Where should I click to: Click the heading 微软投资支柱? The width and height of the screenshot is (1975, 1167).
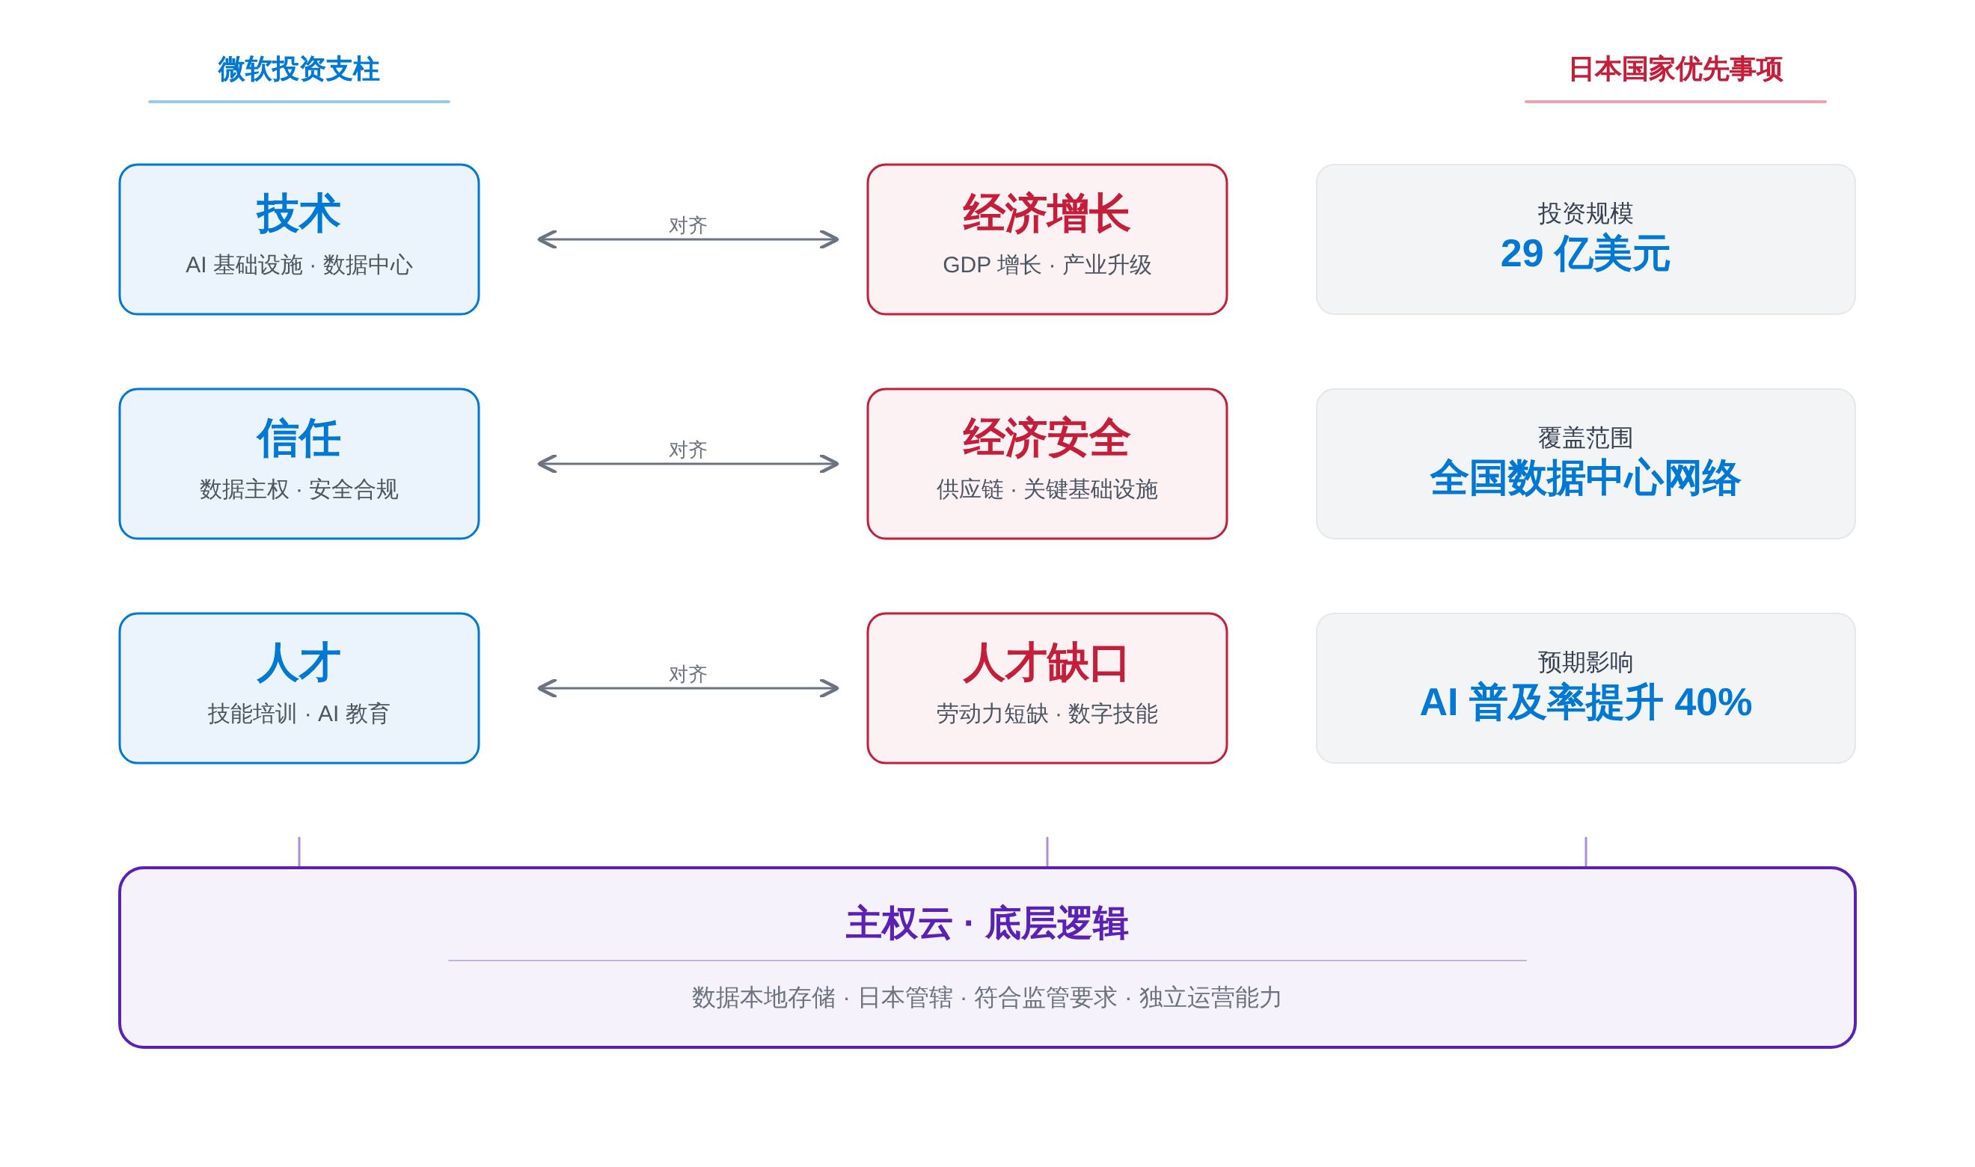(298, 70)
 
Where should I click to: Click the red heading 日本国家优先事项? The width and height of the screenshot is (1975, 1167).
(1675, 70)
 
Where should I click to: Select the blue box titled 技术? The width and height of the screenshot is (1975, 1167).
(298, 239)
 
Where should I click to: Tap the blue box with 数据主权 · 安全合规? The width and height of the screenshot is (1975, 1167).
(298, 464)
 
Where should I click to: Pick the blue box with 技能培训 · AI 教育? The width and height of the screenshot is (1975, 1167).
(298, 688)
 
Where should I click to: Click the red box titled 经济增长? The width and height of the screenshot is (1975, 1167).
(1047, 239)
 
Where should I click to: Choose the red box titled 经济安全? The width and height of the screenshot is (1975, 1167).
(1047, 464)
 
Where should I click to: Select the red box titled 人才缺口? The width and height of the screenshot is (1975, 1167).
(1047, 688)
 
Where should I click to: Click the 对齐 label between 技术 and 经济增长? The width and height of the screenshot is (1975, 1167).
(688, 225)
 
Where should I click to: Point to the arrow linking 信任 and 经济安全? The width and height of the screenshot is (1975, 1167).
(688, 464)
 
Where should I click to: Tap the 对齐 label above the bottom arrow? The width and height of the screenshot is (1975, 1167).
(688, 674)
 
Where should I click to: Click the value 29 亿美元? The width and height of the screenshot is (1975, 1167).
(1585, 254)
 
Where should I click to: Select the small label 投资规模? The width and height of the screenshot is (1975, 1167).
(1585, 213)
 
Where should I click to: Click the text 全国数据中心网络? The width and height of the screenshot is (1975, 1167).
(1585, 478)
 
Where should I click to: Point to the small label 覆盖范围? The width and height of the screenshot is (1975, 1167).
(1585, 437)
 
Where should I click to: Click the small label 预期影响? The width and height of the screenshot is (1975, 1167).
(1585, 662)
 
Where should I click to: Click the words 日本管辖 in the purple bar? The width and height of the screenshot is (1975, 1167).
(905, 997)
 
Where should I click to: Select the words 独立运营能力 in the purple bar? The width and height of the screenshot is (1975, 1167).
(1210, 997)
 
